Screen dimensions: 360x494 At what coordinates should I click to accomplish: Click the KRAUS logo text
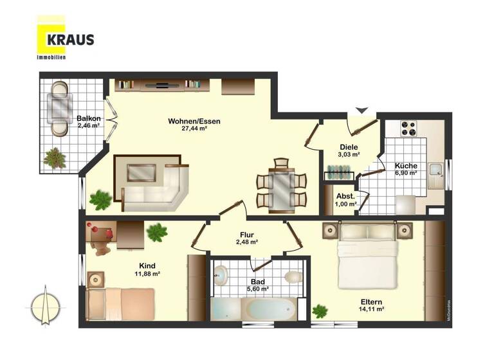(x=70, y=40)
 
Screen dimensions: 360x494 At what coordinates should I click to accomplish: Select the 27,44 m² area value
(x=194, y=129)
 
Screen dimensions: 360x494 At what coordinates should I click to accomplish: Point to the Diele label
(x=348, y=147)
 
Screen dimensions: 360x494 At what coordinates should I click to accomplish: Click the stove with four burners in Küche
(x=409, y=129)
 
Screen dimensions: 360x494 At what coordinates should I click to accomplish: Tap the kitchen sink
(x=436, y=170)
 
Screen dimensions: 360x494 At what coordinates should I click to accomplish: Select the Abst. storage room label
(x=345, y=196)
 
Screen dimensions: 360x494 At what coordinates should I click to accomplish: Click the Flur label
(x=246, y=234)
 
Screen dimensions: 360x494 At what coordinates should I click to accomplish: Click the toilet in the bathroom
(x=293, y=276)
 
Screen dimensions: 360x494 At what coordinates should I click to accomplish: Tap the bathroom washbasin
(x=220, y=276)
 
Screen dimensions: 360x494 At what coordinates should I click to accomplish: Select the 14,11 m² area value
(x=370, y=309)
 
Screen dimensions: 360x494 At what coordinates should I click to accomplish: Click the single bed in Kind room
(x=122, y=303)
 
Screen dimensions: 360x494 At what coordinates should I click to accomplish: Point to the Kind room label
(x=147, y=265)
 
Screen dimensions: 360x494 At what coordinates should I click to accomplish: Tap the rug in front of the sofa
(x=142, y=172)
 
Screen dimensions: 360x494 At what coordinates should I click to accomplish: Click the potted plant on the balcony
(x=55, y=157)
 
